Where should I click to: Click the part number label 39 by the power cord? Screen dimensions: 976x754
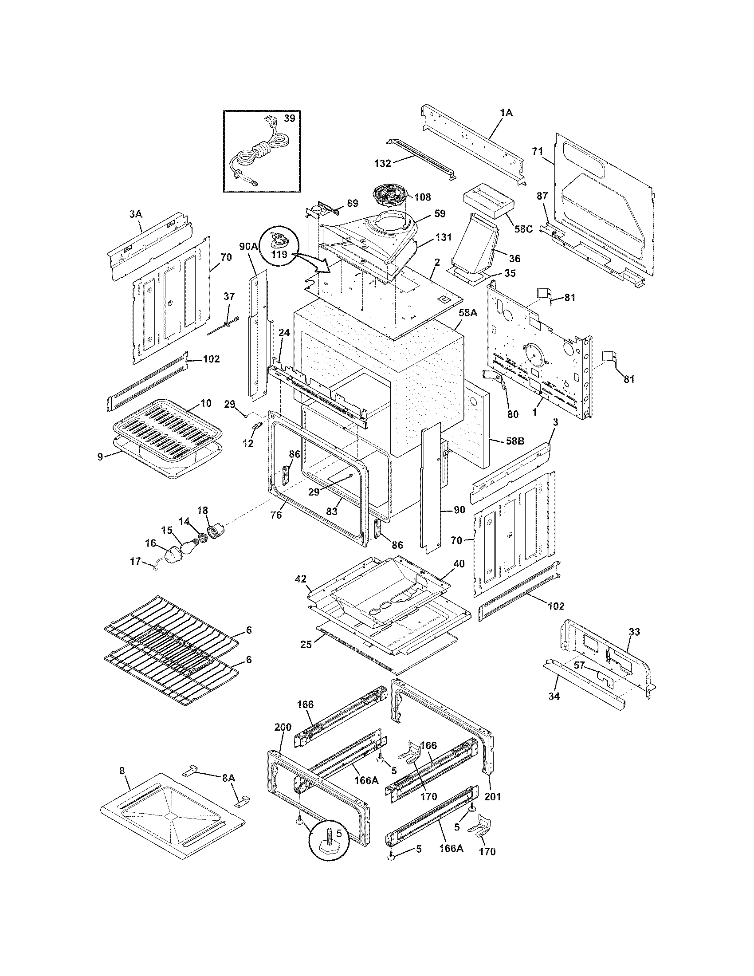[x=290, y=118]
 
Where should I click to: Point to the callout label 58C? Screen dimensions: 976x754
[x=523, y=229]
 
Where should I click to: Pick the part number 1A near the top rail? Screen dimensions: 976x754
[x=506, y=114]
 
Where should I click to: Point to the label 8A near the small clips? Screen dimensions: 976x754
[x=229, y=778]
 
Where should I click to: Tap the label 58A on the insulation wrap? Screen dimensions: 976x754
[x=467, y=313]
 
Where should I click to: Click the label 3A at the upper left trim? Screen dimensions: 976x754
[x=136, y=214]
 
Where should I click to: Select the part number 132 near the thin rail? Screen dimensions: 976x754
[x=382, y=164]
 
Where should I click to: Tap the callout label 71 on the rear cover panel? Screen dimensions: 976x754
[x=537, y=151]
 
